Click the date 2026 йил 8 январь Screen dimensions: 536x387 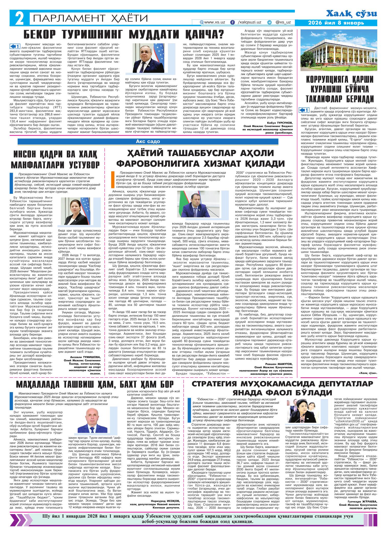pyautogui.click(x=336, y=23)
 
